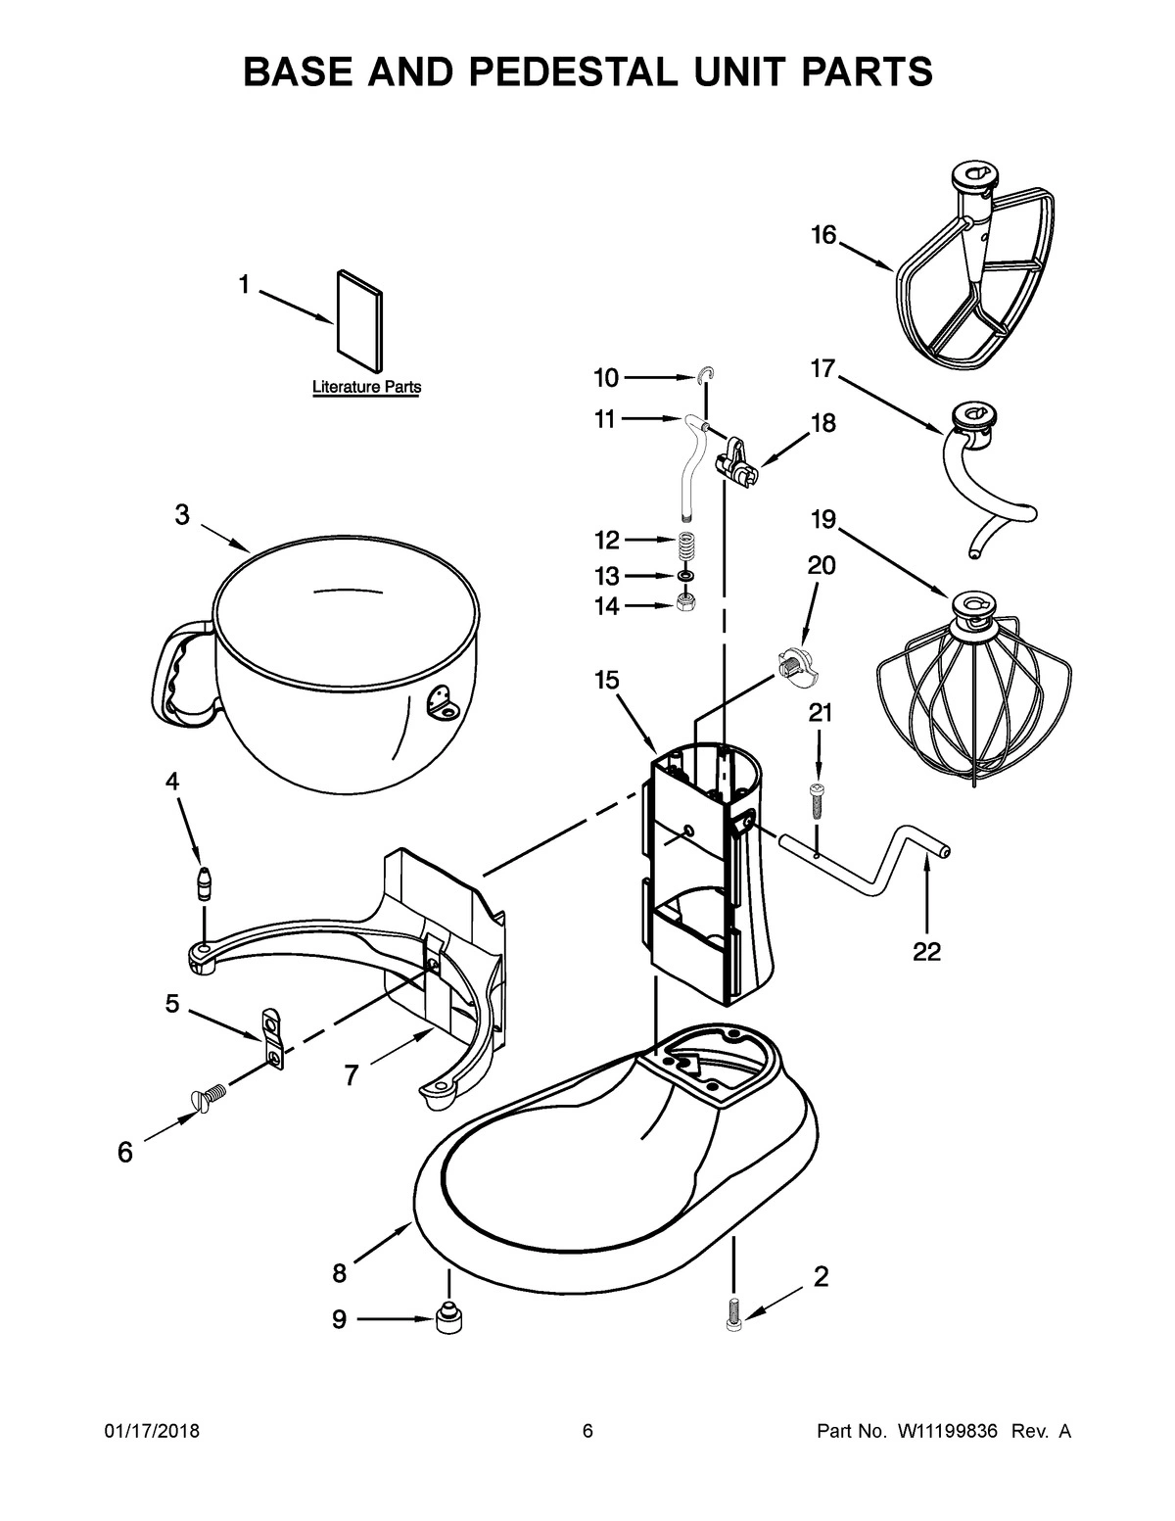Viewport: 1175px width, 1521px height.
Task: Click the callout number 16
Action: (823, 235)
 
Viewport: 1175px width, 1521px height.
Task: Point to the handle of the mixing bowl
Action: (181, 676)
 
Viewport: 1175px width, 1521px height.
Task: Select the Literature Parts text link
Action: (366, 387)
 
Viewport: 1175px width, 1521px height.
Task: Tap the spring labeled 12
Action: (689, 543)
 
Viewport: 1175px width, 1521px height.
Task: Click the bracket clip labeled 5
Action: (273, 1039)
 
